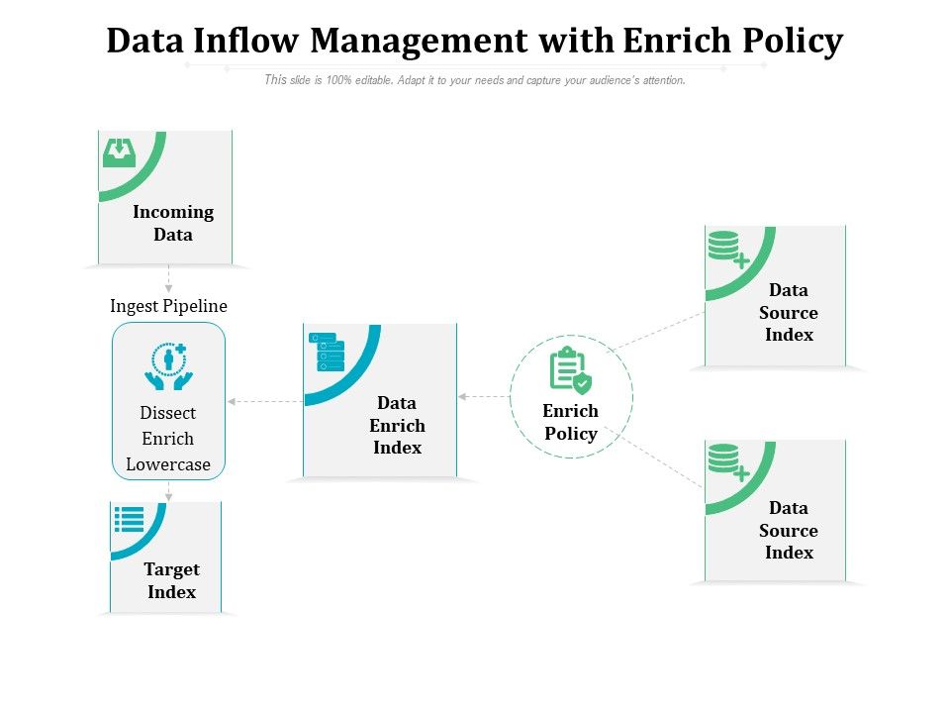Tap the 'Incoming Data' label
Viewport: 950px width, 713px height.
click(173, 223)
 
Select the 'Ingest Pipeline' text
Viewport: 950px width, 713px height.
click(168, 306)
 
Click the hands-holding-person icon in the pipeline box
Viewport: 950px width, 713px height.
click(168, 365)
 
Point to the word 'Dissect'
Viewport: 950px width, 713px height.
click(168, 413)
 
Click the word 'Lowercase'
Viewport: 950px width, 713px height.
click(168, 464)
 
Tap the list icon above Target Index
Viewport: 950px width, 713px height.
click(130, 520)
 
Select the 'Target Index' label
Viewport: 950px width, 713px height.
click(172, 580)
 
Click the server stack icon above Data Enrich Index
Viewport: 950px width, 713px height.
click(328, 352)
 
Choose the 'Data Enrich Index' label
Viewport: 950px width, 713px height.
click(397, 426)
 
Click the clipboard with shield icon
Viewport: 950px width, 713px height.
click(569, 370)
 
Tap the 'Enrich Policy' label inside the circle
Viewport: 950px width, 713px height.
click(571, 422)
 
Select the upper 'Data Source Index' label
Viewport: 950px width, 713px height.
click(789, 312)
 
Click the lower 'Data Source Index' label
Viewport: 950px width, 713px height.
click(789, 530)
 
